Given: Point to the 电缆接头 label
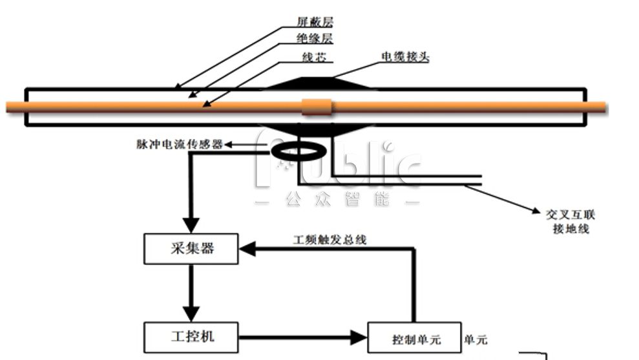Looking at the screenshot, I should point(405,57).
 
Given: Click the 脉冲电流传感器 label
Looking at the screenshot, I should point(180,145).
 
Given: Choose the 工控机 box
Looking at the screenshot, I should point(190,337).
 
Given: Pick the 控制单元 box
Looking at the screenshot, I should point(414,338).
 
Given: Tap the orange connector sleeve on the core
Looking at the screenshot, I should point(317,107).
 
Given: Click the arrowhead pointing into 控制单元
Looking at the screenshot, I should point(359,337).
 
